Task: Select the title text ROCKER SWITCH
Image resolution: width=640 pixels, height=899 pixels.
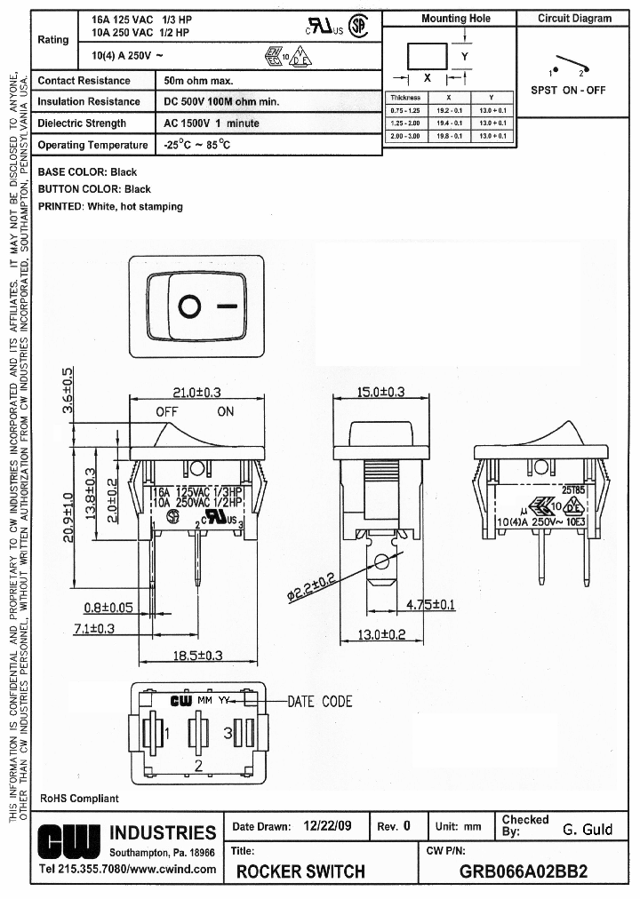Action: click(x=300, y=871)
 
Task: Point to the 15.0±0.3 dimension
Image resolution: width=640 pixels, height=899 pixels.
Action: click(x=380, y=392)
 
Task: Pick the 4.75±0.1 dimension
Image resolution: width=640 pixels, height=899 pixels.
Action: click(x=430, y=605)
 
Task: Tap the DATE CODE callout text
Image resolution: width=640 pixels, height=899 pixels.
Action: click(x=320, y=702)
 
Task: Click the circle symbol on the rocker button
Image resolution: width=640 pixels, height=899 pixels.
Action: click(x=189, y=307)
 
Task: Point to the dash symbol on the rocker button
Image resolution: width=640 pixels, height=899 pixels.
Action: click(x=228, y=307)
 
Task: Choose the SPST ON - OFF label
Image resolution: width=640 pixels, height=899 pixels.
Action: click(x=568, y=90)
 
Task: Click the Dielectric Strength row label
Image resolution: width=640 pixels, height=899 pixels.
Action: click(x=82, y=123)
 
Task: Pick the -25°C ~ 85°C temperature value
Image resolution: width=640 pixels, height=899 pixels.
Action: click(x=197, y=145)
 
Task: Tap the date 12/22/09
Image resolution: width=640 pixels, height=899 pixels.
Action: click(x=327, y=826)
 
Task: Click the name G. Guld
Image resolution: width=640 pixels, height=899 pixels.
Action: click(x=588, y=830)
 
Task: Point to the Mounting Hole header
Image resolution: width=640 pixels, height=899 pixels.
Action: click(x=455, y=18)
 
